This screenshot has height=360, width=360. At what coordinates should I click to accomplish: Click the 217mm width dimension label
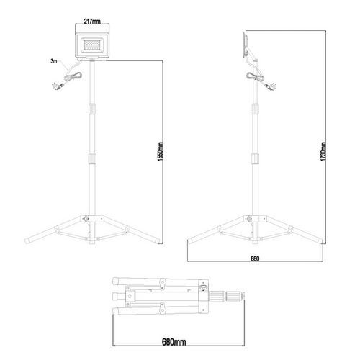tap(92, 21)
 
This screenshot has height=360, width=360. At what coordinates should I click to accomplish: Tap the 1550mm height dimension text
tap(161, 152)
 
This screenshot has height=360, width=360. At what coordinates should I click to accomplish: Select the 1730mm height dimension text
tap(323, 152)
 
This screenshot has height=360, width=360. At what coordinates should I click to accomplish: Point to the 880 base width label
tap(255, 258)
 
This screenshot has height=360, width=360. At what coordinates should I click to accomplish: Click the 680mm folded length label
tap(174, 342)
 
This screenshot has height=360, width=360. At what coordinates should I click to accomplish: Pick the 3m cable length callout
tap(54, 61)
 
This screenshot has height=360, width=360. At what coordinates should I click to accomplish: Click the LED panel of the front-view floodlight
tap(93, 45)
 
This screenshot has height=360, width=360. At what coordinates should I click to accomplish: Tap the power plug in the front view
tap(58, 86)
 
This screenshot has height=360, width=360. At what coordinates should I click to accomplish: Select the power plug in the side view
tap(270, 86)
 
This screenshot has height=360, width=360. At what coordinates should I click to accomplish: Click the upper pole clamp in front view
tap(92, 109)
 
